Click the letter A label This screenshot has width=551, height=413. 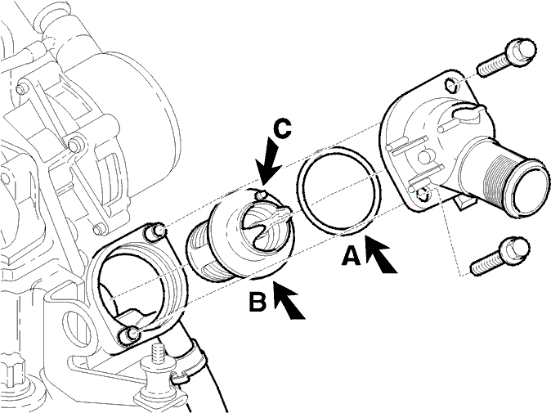coord(352,255)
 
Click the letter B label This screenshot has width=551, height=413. coord(258,302)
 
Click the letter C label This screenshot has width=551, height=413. coord(282,128)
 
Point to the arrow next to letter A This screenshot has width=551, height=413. coord(381,254)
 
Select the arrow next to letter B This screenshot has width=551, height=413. coord(289,300)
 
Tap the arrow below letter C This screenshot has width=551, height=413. coord(269,160)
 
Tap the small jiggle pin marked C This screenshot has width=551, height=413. coord(261,195)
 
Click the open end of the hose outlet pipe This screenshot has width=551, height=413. coord(532,190)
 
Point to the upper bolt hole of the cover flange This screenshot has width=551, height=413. coord(450,84)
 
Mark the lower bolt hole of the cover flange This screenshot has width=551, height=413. coord(423,195)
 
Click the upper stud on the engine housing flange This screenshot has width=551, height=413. coord(158,231)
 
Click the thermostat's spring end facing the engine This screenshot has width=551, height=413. coord(204,253)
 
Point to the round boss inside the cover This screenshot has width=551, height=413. coord(425,157)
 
